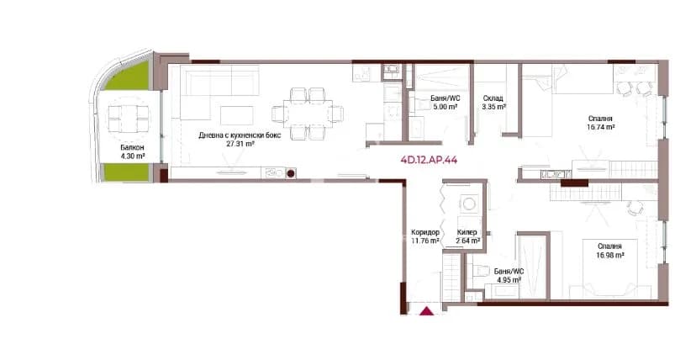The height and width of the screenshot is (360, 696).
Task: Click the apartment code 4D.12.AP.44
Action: (429, 161)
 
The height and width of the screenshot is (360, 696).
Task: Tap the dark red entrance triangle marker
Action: (427, 311)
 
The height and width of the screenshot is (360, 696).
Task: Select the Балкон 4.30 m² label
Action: (132, 151)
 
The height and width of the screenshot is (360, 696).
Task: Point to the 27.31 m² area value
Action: (240, 144)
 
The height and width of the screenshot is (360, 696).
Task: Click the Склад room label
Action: (493, 98)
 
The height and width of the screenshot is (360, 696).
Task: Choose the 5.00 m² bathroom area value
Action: (445, 107)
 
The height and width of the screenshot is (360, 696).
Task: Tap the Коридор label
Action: (425, 232)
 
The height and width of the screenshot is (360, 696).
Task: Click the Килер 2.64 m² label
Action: (468, 236)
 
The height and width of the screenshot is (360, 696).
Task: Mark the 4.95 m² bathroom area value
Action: (509, 280)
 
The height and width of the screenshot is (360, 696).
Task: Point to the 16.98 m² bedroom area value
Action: (610, 255)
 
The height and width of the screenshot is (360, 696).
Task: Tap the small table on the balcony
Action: (129, 119)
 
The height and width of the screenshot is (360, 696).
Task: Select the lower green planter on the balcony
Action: (126, 172)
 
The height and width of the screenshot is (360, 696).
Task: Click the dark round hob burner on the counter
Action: (291, 173)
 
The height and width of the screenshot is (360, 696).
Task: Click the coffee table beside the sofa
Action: (236, 115)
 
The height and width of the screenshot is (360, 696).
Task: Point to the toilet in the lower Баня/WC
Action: (479, 270)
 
